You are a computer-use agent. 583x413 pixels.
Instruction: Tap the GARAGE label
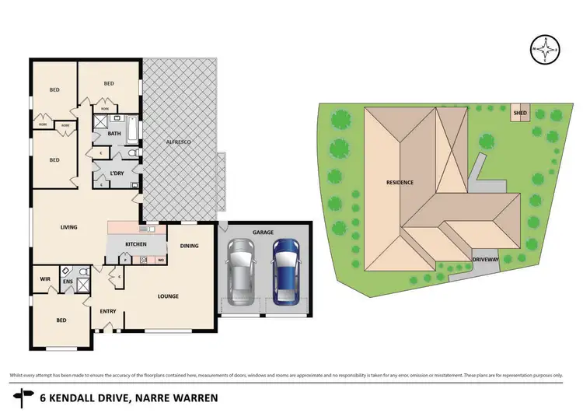pyautogui.click(x=264, y=232)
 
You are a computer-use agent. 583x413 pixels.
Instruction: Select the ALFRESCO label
pyautogui.click(x=180, y=142)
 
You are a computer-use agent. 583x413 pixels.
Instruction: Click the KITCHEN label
pyautogui.click(x=136, y=244)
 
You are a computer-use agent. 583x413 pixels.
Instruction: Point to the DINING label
pyautogui.click(x=190, y=247)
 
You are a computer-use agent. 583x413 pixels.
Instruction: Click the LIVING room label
pyautogui.click(x=72, y=227)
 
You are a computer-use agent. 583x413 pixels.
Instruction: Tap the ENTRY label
pyautogui.click(x=108, y=312)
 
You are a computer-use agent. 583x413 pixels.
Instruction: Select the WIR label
pyautogui.click(x=44, y=278)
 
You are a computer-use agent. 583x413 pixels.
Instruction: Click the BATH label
pyautogui.click(x=114, y=133)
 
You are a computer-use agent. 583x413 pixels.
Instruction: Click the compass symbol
pyautogui.click(x=548, y=51)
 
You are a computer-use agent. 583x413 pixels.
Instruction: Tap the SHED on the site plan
pyautogui.click(x=519, y=114)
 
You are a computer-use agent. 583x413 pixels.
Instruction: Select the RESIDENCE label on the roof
pyautogui.click(x=400, y=182)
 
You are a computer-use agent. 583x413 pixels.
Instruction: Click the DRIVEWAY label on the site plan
pyautogui.click(x=484, y=260)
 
